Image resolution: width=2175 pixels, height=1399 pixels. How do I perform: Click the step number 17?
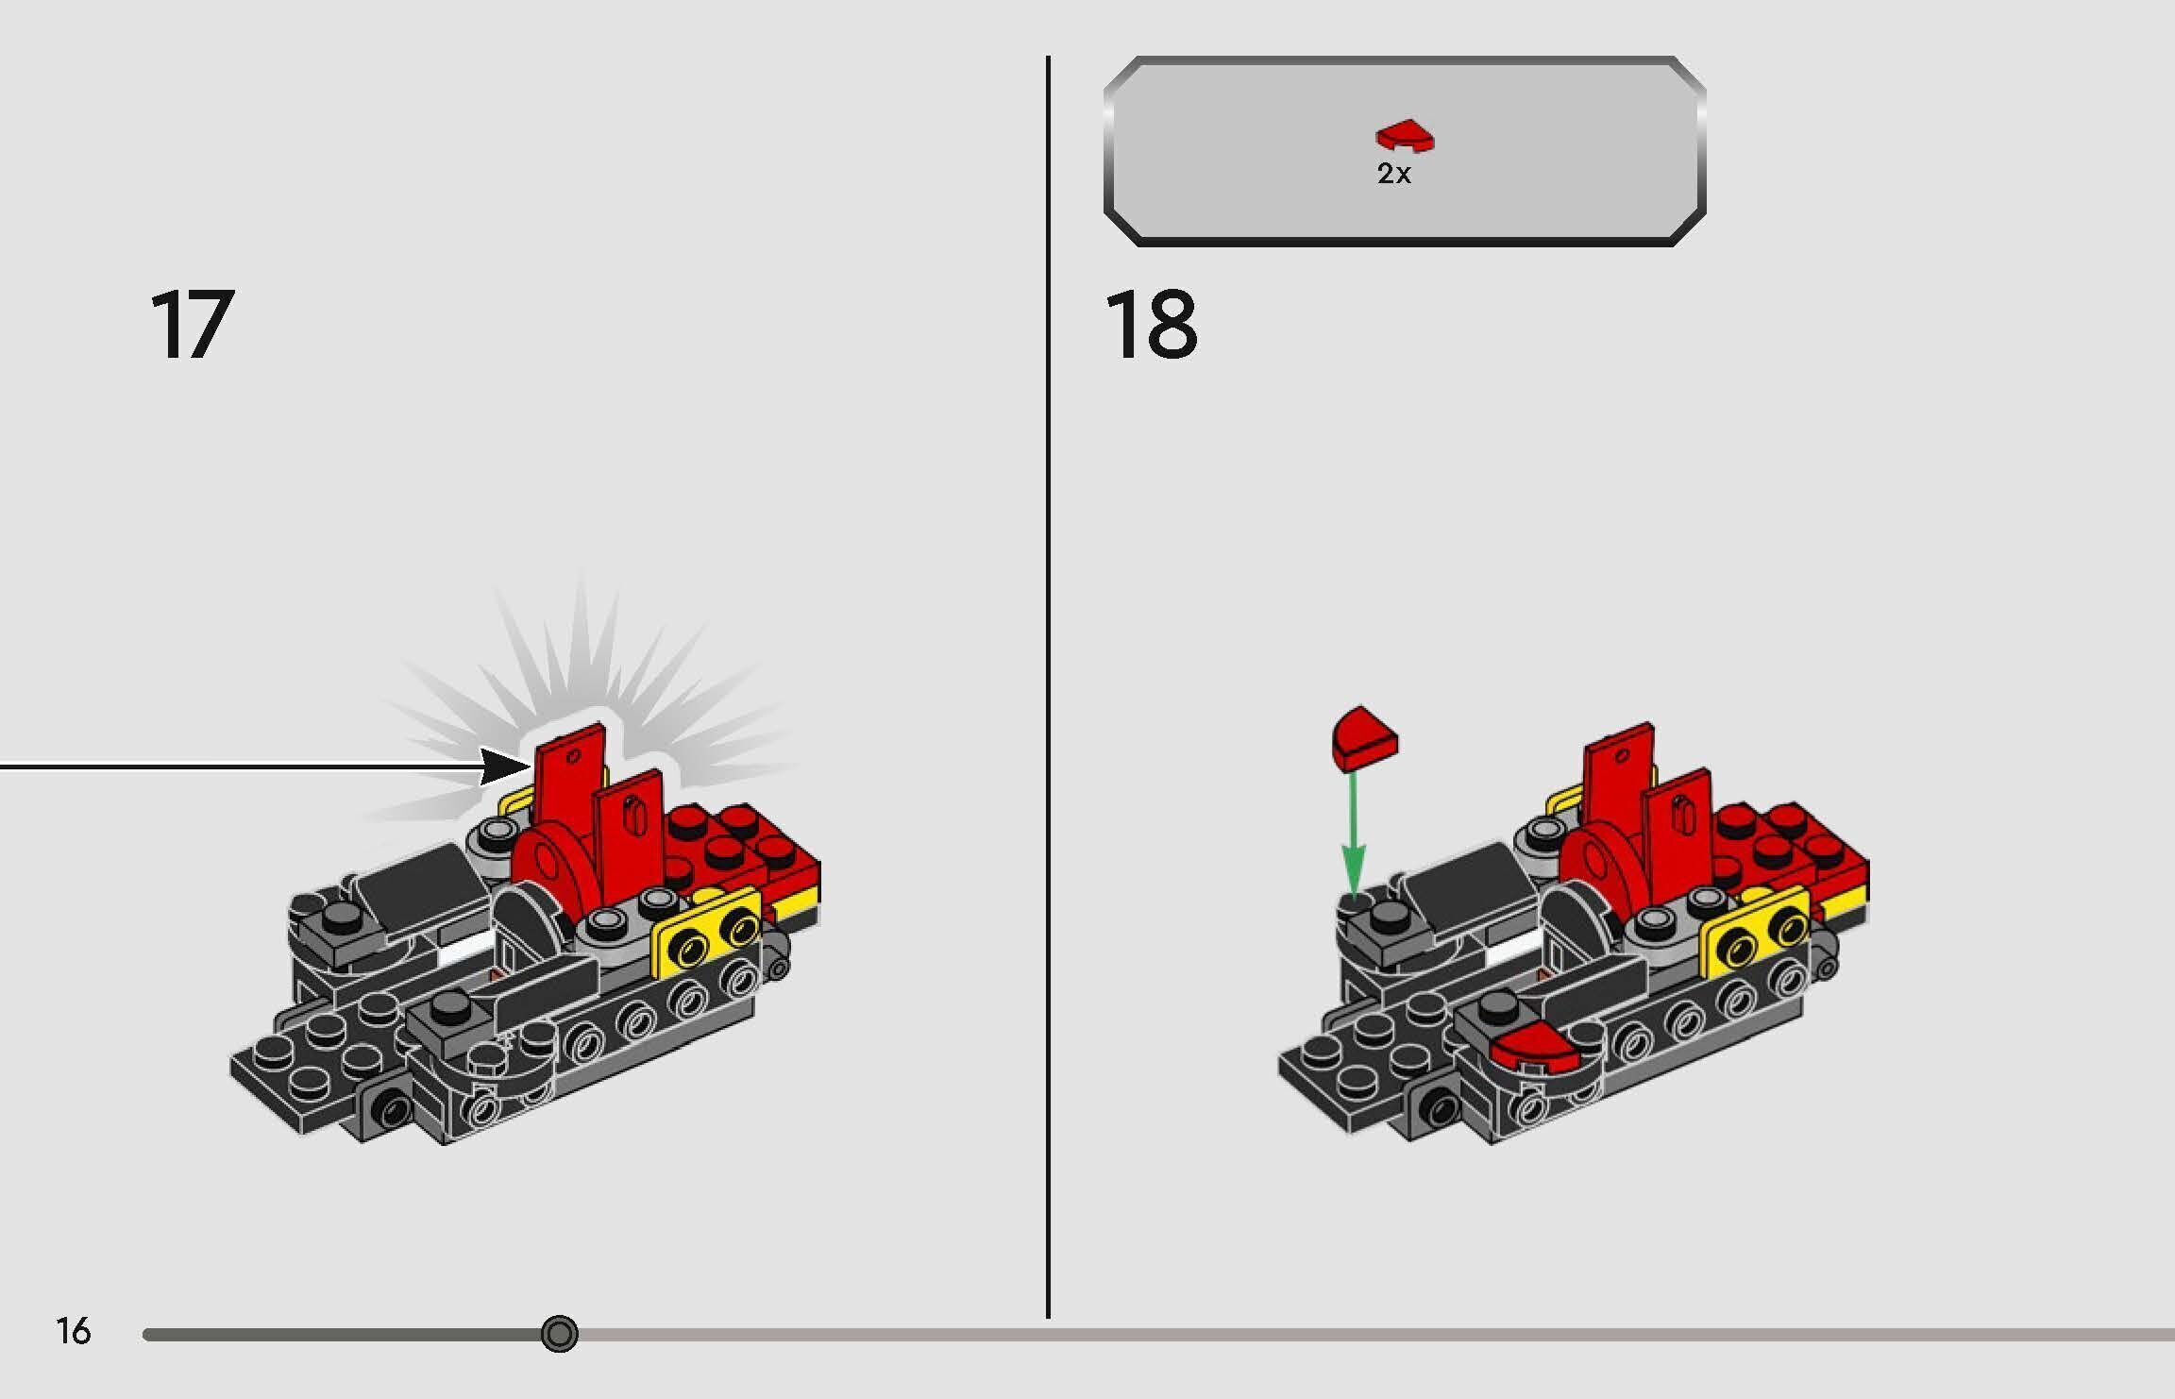192,326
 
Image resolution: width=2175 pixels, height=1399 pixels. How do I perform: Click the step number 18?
1151,326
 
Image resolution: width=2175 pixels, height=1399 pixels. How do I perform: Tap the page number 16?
73,1331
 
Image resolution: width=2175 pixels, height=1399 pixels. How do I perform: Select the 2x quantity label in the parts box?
1393,174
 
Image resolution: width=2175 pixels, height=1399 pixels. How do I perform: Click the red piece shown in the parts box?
1405,137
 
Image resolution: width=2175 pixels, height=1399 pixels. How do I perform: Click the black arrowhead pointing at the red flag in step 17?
500,766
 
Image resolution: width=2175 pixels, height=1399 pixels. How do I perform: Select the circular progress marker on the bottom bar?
560,1334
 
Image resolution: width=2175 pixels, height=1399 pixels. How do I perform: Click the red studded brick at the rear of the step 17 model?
746,840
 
